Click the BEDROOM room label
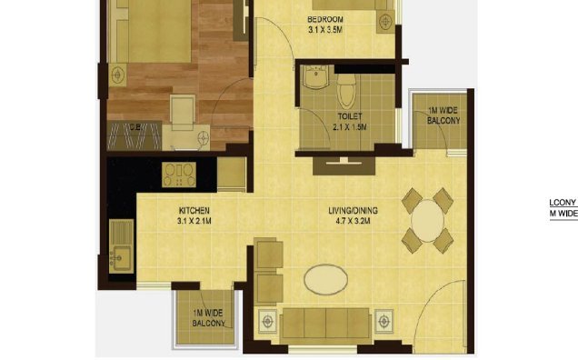coord(324,19)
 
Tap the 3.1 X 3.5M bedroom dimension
coord(324,29)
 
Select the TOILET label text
coord(349,117)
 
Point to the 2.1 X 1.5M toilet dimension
coord(349,128)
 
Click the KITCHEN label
coord(194,211)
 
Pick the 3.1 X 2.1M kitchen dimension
coord(194,222)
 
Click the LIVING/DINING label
coord(353,212)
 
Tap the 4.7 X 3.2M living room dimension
coord(353,222)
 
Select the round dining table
coord(427,219)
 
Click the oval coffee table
coord(325,279)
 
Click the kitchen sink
coord(120,246)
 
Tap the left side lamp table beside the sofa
coord(268,322)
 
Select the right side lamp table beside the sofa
coord(383,322)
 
